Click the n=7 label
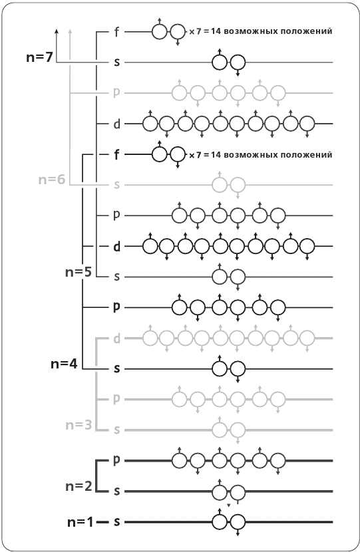click(x=39, y=57)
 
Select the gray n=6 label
click(x=52, y=180)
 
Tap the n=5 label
click(x=79, y=272)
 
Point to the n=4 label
click(x=64, y=364)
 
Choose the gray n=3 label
click(x=79, y=425)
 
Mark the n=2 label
click(x=79, y=486)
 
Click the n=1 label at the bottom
click(x=81, y=522)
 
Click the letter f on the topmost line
click(x=116, y=32)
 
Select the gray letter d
click(x=117, y=339)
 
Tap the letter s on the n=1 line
click(x=116, y=521)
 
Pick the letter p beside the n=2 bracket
click(x=116, y=460)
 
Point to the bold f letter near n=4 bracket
click(x=116, y=154)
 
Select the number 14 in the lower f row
click(x=215, y=154)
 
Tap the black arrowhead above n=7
click(x=57, y=32)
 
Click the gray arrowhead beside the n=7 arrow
click(x=70, y=32)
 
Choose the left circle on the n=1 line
click(x=220, y=521)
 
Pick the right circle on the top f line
click(x=178, y=32)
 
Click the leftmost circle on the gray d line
click(x=150, y=339)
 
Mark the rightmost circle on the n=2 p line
click(x=278, y=460)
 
